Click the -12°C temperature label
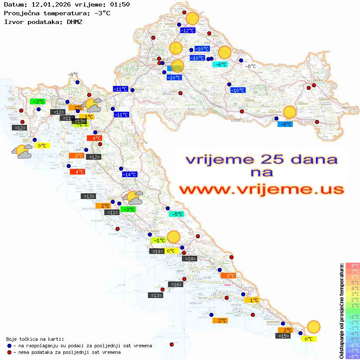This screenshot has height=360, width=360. (188, 31)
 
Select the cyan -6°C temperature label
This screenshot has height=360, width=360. (220, 65)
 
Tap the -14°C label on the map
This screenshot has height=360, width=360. (129, 175)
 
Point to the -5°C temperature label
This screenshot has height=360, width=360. (176, 214)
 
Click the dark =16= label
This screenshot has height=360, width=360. (175, 285)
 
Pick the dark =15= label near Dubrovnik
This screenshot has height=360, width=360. (283, 336)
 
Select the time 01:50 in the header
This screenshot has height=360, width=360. (120, 4)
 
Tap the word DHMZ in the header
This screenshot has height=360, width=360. (74, 21)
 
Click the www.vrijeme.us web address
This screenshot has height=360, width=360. (261, 189)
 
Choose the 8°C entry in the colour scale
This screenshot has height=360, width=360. (353, 265)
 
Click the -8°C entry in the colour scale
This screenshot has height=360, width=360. (353, 356)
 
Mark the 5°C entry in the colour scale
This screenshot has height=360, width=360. (353, 282)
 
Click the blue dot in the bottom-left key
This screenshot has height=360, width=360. (9, 346)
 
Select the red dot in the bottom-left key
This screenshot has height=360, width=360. (9, 352)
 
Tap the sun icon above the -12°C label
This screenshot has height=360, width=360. (192, 18)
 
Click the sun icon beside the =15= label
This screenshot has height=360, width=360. (313, 326)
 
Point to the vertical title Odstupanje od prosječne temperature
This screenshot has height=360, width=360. (341, 311)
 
